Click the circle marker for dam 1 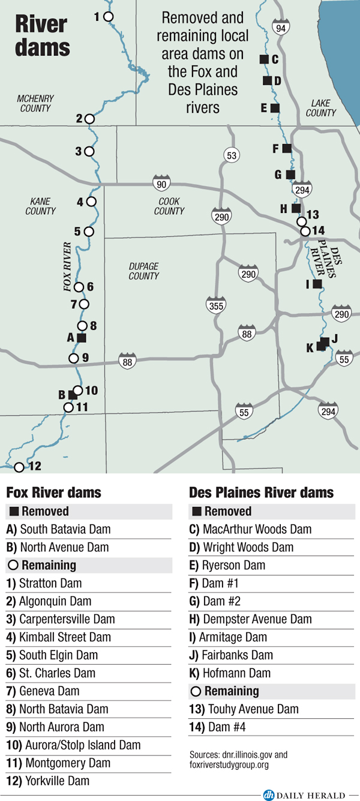(109, 17)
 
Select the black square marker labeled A (82, 338)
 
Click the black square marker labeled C (263, 59)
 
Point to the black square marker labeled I (317, 284)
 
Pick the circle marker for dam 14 (305, 231)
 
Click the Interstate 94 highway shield (280, 27)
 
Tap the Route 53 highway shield (231, 155)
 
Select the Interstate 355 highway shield (214, 305)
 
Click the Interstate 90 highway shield (161, 184)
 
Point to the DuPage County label (144, 271)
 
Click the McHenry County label (35, 103)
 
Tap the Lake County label (321, 108)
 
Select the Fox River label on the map (67, 267)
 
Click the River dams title (42, 36)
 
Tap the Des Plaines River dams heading (261, 493)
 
